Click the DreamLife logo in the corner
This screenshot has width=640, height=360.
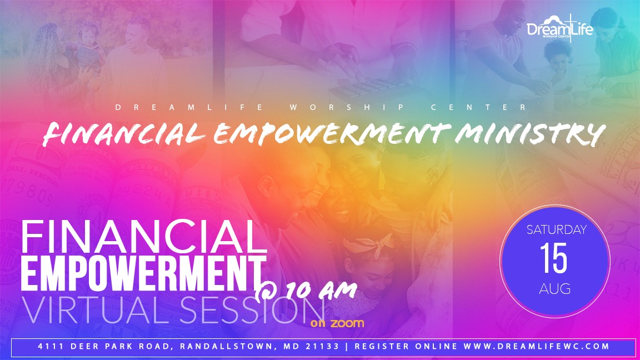[559, 28]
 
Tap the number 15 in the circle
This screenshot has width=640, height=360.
[554, 258]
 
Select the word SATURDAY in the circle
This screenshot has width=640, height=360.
[556, 230]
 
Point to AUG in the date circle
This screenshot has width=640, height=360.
[554, 289]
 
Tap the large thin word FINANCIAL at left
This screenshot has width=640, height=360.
[144, 237]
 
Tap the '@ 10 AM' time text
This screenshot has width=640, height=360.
[306, 291]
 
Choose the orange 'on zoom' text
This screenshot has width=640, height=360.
[337, 324]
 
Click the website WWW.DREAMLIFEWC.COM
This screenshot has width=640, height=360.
[537, 347]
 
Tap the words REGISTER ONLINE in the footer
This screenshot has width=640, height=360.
[406, 347]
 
